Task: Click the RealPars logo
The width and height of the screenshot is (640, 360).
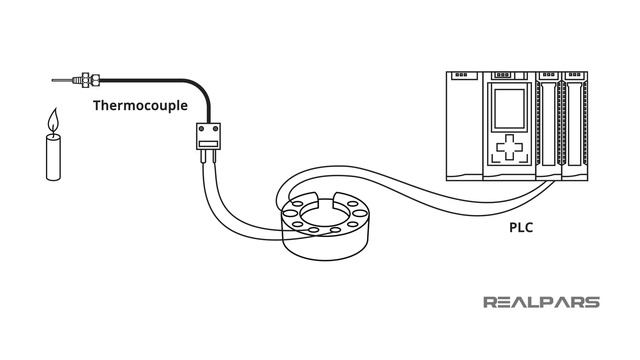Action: click(x=542, y=302)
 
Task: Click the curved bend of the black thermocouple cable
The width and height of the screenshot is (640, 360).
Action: click(x=201, y=87)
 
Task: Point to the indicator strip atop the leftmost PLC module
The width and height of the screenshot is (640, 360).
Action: click(x=461, y=75)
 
